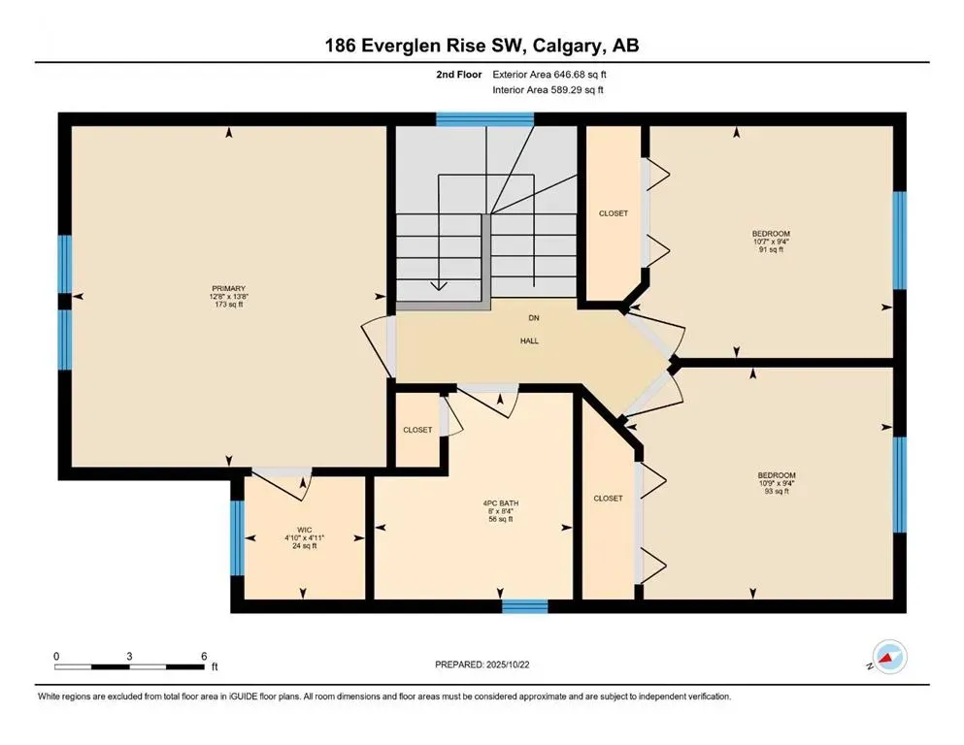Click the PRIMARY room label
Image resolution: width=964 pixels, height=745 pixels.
coord(229,288)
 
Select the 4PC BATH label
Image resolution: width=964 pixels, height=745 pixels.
coord(500,502)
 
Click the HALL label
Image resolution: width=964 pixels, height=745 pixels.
coord(528,340)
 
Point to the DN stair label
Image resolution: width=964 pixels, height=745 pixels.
coord(533,317)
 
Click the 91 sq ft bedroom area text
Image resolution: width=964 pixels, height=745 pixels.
coord(771,249)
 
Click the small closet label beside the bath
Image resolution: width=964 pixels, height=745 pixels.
coord(417,430)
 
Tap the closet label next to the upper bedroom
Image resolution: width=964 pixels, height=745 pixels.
coord(613,213)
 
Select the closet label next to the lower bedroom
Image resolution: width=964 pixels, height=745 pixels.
coord(608,498)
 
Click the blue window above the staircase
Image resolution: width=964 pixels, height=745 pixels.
coord(484,119)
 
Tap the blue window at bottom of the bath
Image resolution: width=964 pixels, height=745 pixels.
coord(524,606)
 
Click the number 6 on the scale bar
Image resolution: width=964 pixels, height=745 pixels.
coord(203,656)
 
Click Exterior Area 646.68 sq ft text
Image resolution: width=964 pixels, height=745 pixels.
coord(551,74)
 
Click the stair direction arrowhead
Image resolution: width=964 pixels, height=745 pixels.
coord(440,285)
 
